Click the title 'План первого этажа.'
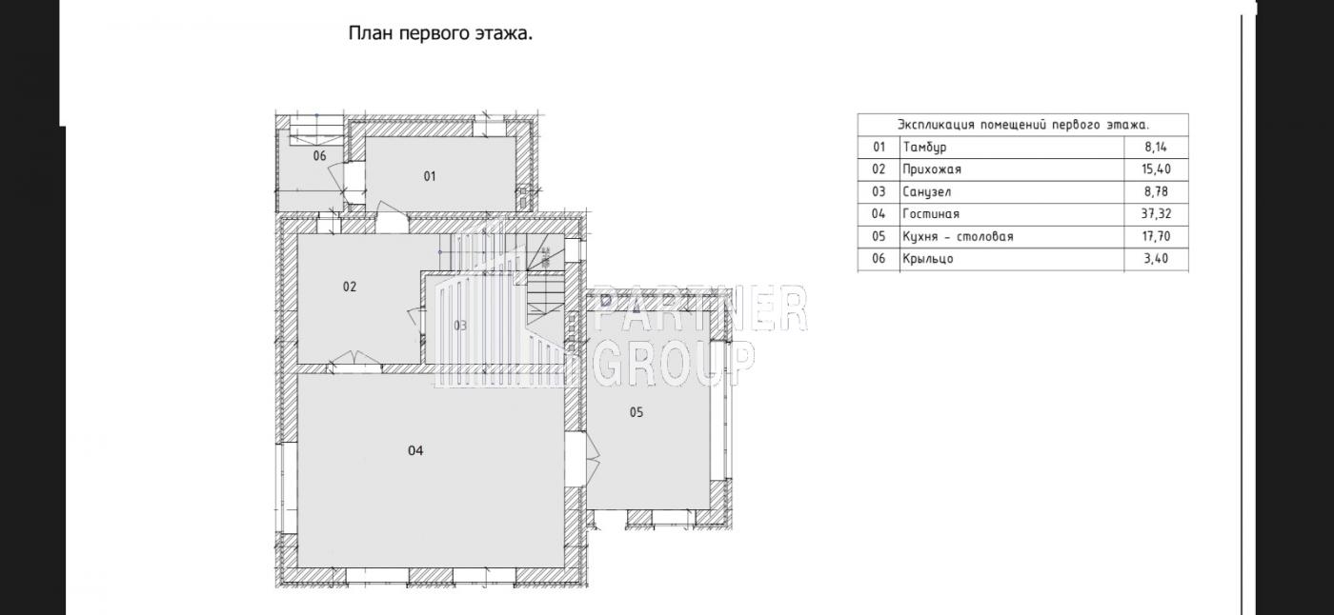(440, 33)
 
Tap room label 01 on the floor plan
(430, 176)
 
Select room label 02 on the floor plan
(350, 287)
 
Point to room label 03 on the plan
(460, 326)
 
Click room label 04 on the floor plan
(415, 451)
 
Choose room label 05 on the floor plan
(637, 412)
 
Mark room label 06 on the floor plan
(320, 156)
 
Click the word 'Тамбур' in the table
(924, 147)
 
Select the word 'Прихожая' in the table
(932, 169)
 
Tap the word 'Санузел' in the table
(926, 191)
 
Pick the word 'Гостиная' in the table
(931, 213)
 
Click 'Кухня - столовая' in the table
(958, 236)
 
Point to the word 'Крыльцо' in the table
(928, 259)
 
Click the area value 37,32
(1156, 213)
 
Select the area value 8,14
(1156, 147)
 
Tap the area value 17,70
(1156, 236)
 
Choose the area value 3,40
(1156, 259)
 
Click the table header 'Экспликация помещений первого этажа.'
(1023, 125)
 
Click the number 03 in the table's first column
(879, 191)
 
